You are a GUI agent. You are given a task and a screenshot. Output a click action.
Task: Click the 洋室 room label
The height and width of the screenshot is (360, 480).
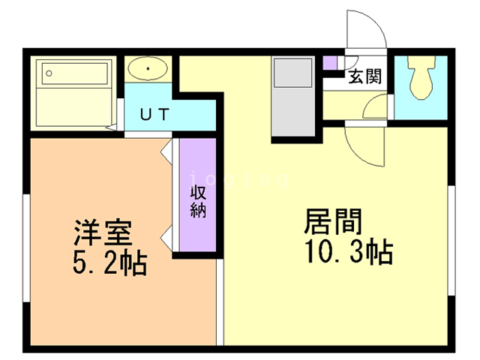tap(103, 232)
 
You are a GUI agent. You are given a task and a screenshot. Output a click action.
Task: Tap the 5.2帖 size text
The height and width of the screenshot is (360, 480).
tap(110, 262)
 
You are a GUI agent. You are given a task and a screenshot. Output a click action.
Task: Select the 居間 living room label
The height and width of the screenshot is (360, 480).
tap(333, 221)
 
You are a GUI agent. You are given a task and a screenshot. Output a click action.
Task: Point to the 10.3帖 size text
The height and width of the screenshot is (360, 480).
tap(349, 251)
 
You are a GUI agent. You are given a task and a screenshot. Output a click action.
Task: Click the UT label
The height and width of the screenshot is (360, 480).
tap(154, 115)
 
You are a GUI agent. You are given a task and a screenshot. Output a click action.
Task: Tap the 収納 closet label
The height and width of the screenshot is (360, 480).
tap(198, 202)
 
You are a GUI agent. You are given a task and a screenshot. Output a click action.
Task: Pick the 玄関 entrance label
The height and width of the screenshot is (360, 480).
tap(365, 76)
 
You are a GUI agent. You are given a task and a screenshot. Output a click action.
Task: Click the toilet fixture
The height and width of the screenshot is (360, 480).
tap(421, 77)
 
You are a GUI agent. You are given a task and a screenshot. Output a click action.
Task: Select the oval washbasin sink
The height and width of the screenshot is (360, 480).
tap(148, 68)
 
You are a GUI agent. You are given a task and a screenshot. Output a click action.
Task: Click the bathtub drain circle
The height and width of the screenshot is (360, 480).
tap(49, 73)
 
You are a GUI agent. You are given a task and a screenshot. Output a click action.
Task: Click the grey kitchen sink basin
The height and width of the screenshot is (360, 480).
tap(293, 73)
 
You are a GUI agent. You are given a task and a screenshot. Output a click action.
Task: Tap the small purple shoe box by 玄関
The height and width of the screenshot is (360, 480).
tap(330, 63)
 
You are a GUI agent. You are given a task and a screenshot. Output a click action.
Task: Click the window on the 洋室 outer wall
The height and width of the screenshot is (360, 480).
tap(27, 248)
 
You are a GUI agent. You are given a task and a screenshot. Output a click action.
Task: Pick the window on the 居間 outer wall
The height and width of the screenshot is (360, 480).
tap(451, 240)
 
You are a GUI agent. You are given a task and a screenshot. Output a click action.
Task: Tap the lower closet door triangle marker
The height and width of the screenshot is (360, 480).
tap(166, 238)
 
